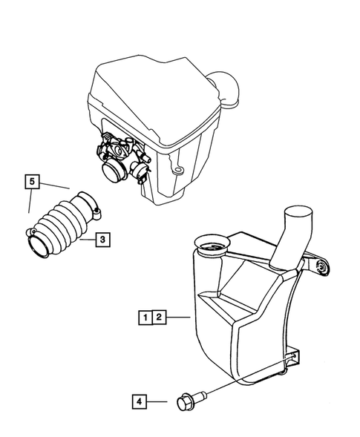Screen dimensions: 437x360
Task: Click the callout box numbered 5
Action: (31, 180)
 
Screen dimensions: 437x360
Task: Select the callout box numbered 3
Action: (103, 239)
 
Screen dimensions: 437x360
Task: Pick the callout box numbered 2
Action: (159, 318)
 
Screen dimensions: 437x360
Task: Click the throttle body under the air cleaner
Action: (119, 155)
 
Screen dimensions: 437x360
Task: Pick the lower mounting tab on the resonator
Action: (292, 361)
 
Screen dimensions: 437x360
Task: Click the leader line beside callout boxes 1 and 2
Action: (179, 318)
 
